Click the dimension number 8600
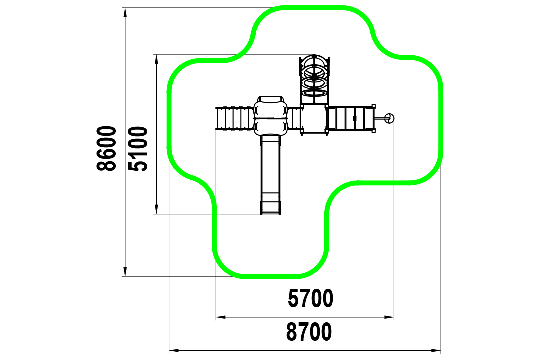pyautogui.click(x=107, y=148)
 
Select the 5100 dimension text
pyautogui.click(x=138, y=149)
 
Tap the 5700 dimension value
pyautogui.click(x=310, y=298)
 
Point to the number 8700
pyautogui.click(x=309, y=332)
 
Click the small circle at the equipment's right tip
pyautogui.click(x=390, y=118)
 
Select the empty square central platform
pyautogui.click(x=313, y=119)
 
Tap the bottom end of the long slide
pyautogui.click(x=270, y=213)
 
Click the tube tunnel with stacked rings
pyautogui.click(x=314, y=80)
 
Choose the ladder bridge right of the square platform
pyautogui.click(x=350, y=119)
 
